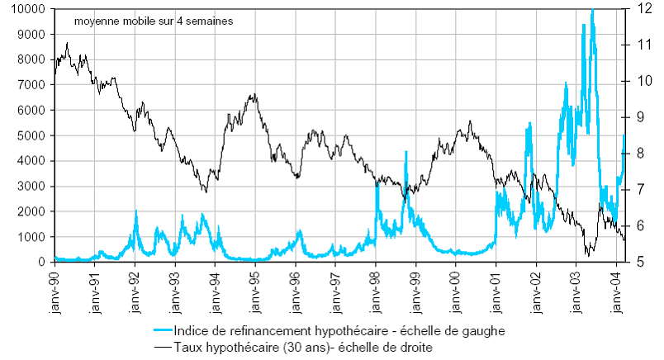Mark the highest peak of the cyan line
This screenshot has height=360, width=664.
point(592,10)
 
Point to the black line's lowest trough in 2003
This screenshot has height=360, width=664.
point(588,256)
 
